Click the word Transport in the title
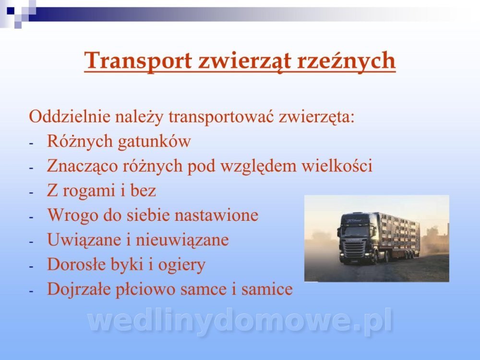click(x=138, y=61)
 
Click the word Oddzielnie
click(x=70, y=117)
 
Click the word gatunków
click(x=154, y=142)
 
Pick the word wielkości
click(x=337, y=166)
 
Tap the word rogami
click(x=89, y=191)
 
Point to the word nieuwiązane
click(x=182, y=240)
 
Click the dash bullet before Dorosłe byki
click(x=31, y=266)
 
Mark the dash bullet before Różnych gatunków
click(x=31, y=143)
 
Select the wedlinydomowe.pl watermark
click(x=240, y=322)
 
